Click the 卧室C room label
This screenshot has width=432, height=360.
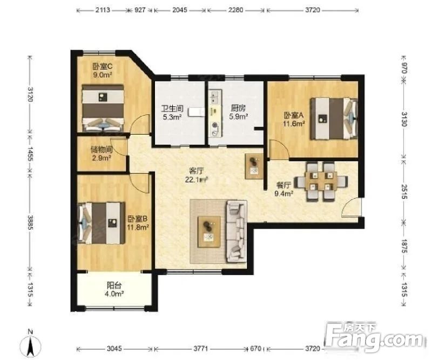102,66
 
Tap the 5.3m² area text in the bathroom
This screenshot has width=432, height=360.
172,117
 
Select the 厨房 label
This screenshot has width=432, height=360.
238,108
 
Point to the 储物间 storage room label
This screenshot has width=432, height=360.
102,150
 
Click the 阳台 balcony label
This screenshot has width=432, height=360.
114,285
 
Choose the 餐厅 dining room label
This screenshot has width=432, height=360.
283,185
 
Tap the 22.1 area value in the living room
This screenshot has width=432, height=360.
192,180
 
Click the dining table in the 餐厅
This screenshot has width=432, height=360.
321,182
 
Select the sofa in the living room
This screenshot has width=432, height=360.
237,231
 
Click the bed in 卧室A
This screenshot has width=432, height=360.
334,118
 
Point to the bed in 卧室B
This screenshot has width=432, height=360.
101,223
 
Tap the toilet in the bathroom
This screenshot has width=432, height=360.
196,112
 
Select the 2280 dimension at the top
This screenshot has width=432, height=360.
236,10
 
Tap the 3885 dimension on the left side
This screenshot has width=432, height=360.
30,223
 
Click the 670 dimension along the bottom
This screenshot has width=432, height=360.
255,349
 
